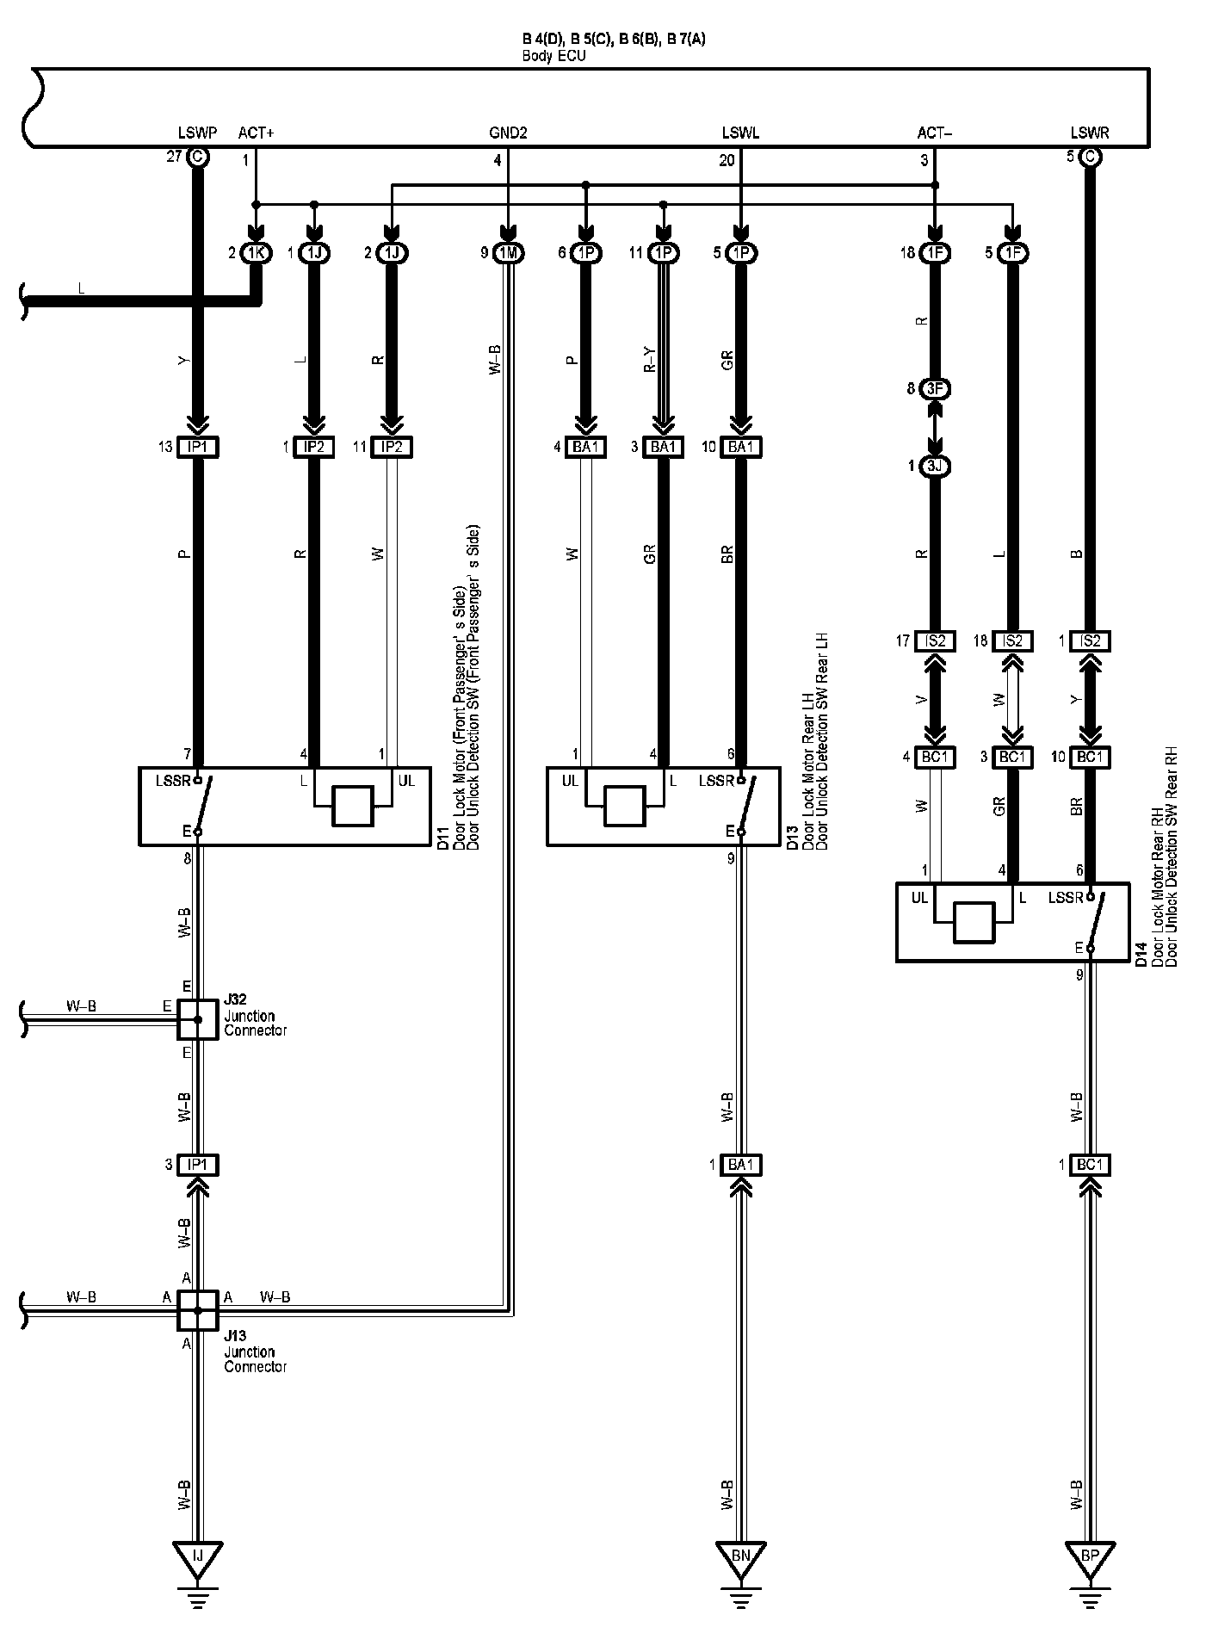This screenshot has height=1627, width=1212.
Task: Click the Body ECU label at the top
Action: click(x=554, y=56)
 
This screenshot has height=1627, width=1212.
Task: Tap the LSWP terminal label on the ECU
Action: click(x=197, y=133)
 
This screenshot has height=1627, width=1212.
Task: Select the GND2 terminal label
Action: click(x=508, y=133)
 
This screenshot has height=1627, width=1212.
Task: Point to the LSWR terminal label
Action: click(x=1090, y=133)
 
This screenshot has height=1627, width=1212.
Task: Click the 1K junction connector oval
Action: click(x=255, y=253)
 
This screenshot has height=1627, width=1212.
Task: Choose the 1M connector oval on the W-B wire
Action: click(x=508, y=253)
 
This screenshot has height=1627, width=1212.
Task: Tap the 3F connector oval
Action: click(x=935, y=389)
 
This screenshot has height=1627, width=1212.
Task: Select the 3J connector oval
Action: click(x=935, y=467)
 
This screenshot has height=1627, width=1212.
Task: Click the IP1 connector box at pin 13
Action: click(x=198, y=447)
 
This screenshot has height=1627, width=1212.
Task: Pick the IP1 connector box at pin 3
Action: click(x=198, y=1165)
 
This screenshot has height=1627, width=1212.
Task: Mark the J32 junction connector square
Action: click(x=198, y=1019)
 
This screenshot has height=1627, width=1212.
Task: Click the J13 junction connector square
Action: click(x=198, y=1310)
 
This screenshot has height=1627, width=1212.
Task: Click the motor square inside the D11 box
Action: click(x=353, y=806)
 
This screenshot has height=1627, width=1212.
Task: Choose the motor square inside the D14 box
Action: click(x=974, y=923)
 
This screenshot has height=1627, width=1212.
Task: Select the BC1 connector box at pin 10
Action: click(x=1090, y=758)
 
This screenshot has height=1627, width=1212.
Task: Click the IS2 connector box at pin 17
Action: click(x=935, y=641)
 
